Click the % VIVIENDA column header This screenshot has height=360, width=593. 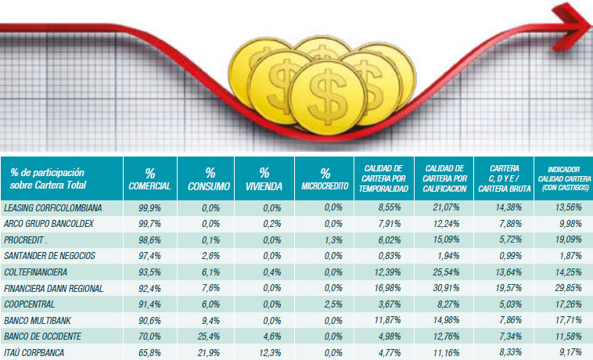pyautogui.click(x=264, y=178)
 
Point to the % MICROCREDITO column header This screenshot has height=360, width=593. pyautogui.click(x=325, y=178)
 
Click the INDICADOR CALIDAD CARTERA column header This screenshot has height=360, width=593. pyautogui.click(x=562, y=178)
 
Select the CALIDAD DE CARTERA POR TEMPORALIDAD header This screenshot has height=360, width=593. pyautogui.click(x=383, y=178)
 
